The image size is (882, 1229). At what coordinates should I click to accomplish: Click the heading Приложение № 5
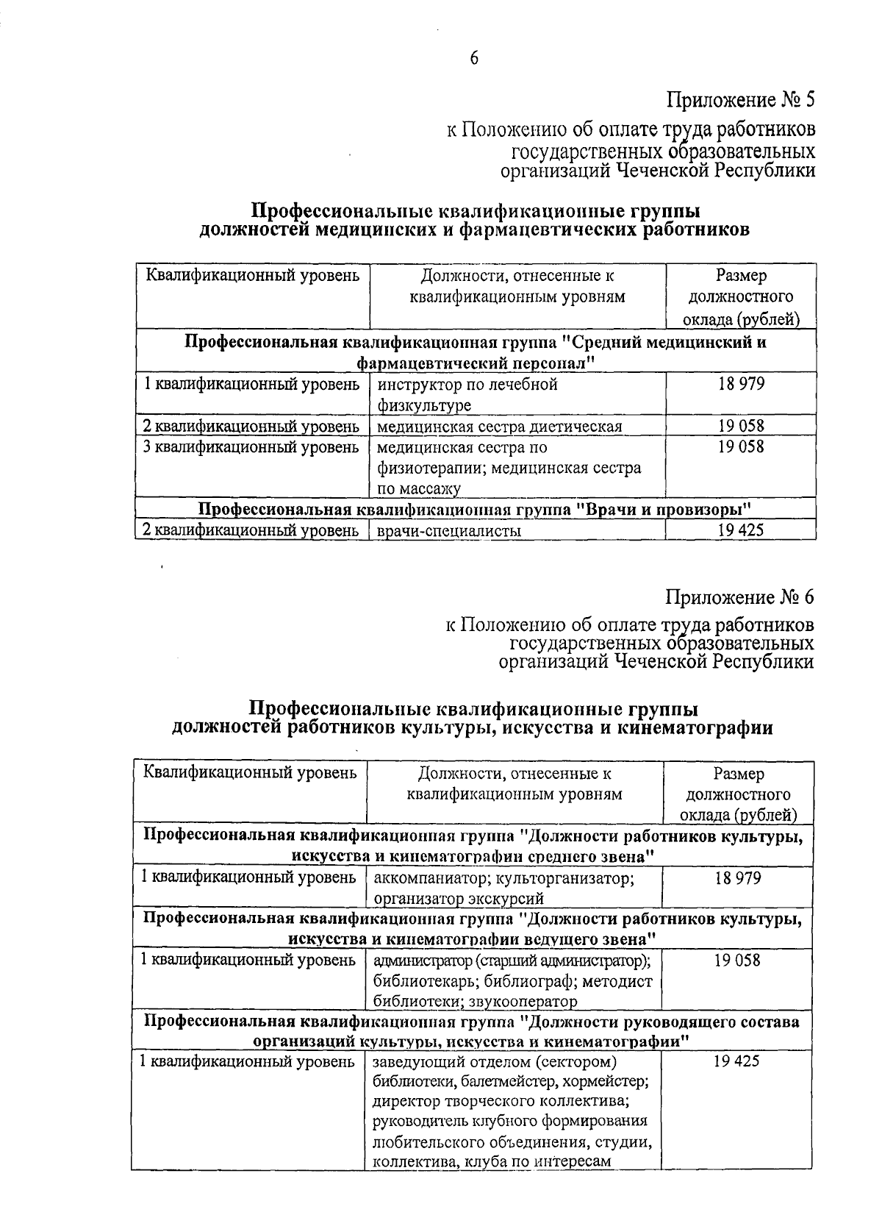[741, 99]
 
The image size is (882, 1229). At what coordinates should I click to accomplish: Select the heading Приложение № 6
[740, 596]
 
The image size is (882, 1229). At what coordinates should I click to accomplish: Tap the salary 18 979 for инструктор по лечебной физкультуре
[741, 384]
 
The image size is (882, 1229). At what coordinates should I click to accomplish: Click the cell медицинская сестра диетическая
[500, 427]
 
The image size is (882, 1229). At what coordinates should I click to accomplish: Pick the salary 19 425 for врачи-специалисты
[741, 530]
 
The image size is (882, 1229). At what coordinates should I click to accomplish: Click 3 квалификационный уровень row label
[251, 447]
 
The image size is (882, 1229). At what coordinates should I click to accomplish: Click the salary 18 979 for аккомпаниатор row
[737, 878]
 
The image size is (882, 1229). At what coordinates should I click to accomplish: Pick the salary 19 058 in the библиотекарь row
[737, 960]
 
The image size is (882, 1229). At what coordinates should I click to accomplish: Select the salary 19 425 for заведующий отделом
[737, 1061]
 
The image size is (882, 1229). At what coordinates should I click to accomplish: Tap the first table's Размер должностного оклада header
[741, 297]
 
